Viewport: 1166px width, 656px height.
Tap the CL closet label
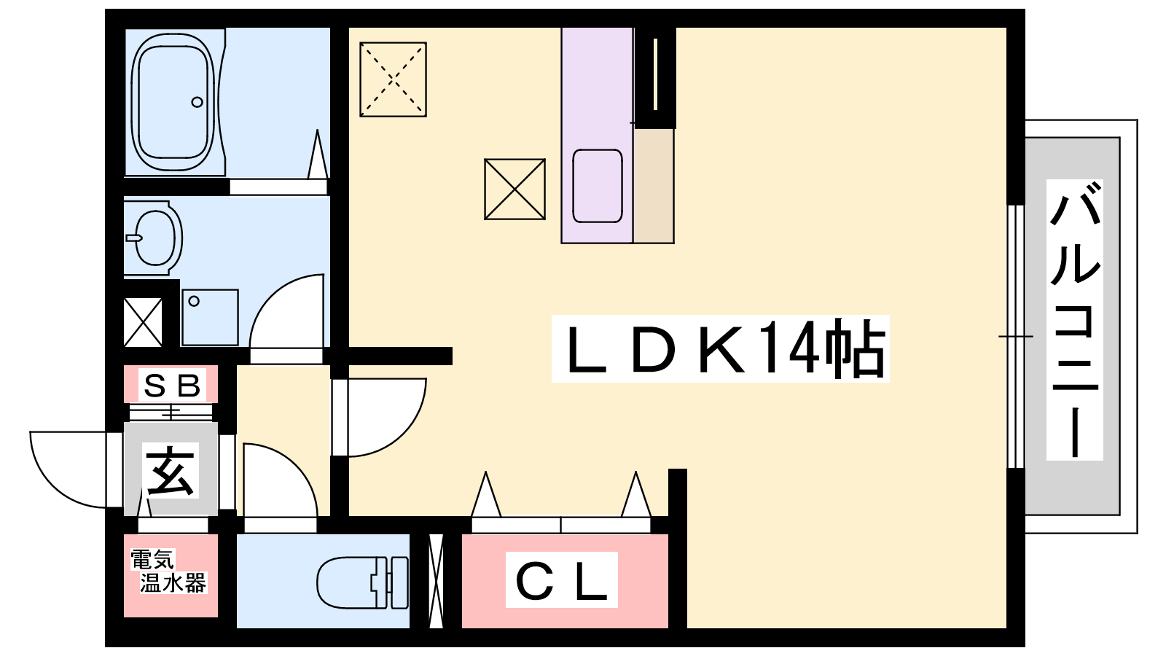pos(562,580)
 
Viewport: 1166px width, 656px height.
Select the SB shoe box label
pos(172,385)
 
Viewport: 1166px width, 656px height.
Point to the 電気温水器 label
pos(168,571)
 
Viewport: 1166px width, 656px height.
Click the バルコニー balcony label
pos(1074,319)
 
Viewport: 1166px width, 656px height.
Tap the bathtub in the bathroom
pos(173,101)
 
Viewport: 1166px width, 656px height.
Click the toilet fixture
pos(363,582)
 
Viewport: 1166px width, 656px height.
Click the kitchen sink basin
pos(598,186)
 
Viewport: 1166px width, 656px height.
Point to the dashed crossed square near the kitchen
pos(393,79)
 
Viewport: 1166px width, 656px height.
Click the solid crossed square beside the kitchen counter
pos(514,190)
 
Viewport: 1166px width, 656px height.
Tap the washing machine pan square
pos(210,317)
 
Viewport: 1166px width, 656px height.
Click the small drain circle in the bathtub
pos(197,102)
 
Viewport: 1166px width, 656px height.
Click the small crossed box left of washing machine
pos(143,322)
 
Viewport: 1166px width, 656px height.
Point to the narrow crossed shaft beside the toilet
pos(436,582)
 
